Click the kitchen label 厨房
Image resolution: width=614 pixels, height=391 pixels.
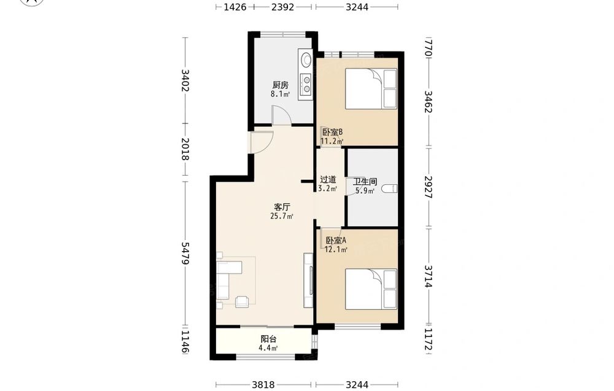pos(281,85)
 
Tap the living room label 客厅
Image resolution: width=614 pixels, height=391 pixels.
pos(282,207)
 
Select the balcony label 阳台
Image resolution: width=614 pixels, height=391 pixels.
pos(269,339)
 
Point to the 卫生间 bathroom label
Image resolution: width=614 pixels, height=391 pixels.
pos(365,182)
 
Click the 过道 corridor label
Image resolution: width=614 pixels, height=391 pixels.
pos(328,180)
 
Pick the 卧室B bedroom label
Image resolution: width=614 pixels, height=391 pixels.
pos(332,132)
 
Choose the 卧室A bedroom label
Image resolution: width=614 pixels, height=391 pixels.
pos(336,241)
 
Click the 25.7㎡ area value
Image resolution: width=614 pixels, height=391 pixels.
pos(282,216)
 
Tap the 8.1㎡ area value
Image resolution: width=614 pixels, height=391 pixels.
pos(280,94)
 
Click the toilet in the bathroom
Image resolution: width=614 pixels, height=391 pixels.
pos(389,188)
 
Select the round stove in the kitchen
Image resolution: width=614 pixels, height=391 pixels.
pos(306,60)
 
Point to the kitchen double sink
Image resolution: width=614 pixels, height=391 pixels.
pos(306,85)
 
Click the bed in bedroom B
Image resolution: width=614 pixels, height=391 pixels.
pos(371,89)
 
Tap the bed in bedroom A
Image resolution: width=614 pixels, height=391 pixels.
pos(371,289)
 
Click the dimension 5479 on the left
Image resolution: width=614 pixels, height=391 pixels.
pos(185,254)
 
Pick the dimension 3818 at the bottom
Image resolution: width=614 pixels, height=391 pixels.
pos(263,385)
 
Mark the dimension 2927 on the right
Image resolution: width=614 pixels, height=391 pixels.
pos(429,187)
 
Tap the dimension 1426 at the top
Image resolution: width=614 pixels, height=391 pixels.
pos(235,7)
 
